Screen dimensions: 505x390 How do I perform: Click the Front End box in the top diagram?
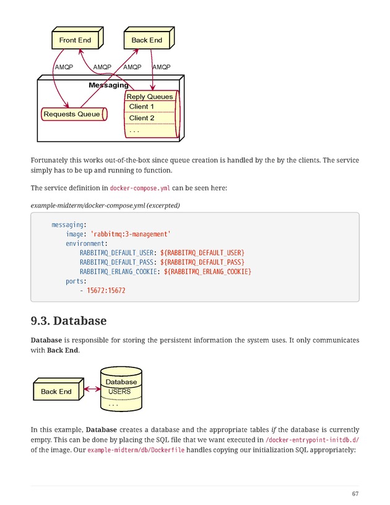pyautogui.click(x=75, y=40)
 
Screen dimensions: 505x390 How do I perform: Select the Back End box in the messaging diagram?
pyautogui.click(x=147, y=40)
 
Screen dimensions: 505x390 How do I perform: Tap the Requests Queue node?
pyautogui.click(x=72, y=114)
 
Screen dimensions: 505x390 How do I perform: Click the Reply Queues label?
pyautogui.click(x=150, y=97)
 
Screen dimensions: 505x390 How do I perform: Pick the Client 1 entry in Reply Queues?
pyautogui.click(x=142, y=107)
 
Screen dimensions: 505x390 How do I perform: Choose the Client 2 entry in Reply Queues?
pyautogui.click(x=142, y=118)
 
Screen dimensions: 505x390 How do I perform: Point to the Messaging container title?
pyautogui.click(x=108, y=85)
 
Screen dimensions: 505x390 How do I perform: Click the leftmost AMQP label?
pyautogui.click(x=64, y=67)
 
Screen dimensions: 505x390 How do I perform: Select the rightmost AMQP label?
pyautogui.click(x=162, y=67)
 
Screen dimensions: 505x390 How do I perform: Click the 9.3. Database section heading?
pyautogui.click(x=69, y=321)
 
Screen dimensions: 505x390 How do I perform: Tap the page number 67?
pyautogui.click(x=355, y=494)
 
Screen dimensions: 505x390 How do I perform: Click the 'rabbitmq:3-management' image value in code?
pyautogui.click(x=131, y=234)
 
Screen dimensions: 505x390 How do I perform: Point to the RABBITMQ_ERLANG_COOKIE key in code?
pyautogui.click(x=119, y=271)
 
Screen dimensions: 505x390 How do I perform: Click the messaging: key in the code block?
pyautogui.click(x=69, y=224)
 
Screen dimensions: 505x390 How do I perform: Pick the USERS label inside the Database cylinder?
pyautogui.click(x=119, y=392)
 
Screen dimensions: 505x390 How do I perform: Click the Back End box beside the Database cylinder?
pyautogui.click(x=56, y=392)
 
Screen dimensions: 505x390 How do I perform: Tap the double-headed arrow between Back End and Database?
pyautogui.click(x=92, y=389)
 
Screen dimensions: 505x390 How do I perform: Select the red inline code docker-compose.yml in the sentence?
pyautogui.click(x=136, y=188)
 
